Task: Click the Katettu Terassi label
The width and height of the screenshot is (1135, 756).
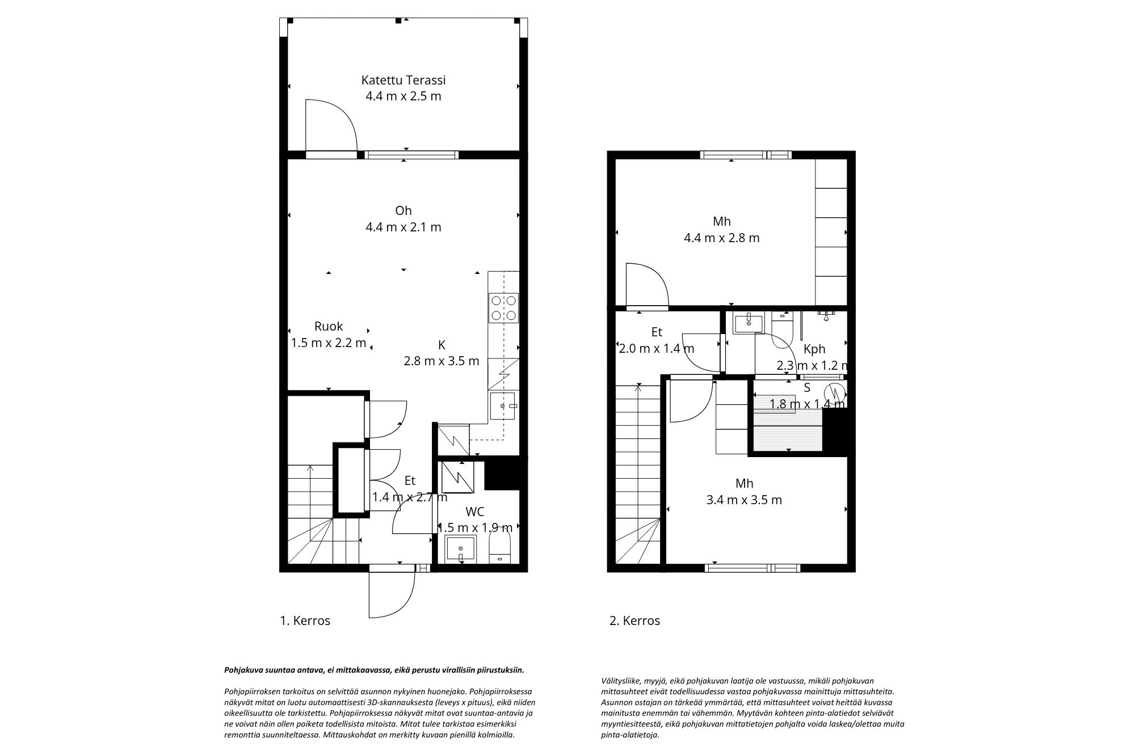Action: tap(403, 80)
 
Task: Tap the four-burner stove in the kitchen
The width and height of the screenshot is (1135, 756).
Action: tap(503, 308)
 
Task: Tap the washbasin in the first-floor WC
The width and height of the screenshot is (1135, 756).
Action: tap(460, 550)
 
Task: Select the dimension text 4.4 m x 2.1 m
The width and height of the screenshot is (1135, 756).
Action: tap(403, 227)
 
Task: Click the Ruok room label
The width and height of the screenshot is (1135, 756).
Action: tap(329, 326)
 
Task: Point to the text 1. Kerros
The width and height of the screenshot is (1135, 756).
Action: tap(305, 620)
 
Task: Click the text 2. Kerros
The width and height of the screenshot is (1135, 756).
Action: tap(634, 620)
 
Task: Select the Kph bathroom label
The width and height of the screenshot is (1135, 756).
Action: tap(814, 349)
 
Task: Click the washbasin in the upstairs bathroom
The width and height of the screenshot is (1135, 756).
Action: tap(749, 324)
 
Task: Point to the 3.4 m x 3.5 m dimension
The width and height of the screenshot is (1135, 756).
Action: tap(744, 500)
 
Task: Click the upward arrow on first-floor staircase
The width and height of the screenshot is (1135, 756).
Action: tap(310, 469)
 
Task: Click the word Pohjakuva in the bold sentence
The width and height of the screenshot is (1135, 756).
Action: tap(242, 670)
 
